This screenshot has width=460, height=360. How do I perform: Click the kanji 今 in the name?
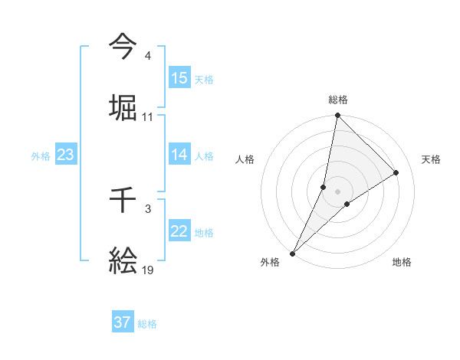[123, 47]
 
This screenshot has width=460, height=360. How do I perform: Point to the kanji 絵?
[123, 263]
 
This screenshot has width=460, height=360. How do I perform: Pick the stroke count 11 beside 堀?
[148, 117]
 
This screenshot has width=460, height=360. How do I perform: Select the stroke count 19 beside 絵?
[148, 271]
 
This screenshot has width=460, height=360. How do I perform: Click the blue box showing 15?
[179, 78]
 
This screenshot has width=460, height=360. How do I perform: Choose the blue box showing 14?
[179, 155]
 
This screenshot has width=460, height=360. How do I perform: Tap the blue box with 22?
[179, 232]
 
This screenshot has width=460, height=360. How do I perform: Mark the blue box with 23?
[66, 155]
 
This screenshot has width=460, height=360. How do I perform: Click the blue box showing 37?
[123, 323]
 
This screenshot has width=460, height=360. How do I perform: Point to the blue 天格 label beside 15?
[204, 79]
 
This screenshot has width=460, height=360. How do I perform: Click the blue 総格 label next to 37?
[148, 324]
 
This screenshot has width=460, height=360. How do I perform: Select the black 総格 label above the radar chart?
[338, 100]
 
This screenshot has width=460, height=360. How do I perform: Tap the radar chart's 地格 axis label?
[402, 262]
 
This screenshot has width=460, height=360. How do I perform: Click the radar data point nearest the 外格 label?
[293, 253]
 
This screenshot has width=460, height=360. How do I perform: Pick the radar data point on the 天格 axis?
[396, 172]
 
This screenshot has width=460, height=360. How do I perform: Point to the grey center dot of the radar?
[338, 191]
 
